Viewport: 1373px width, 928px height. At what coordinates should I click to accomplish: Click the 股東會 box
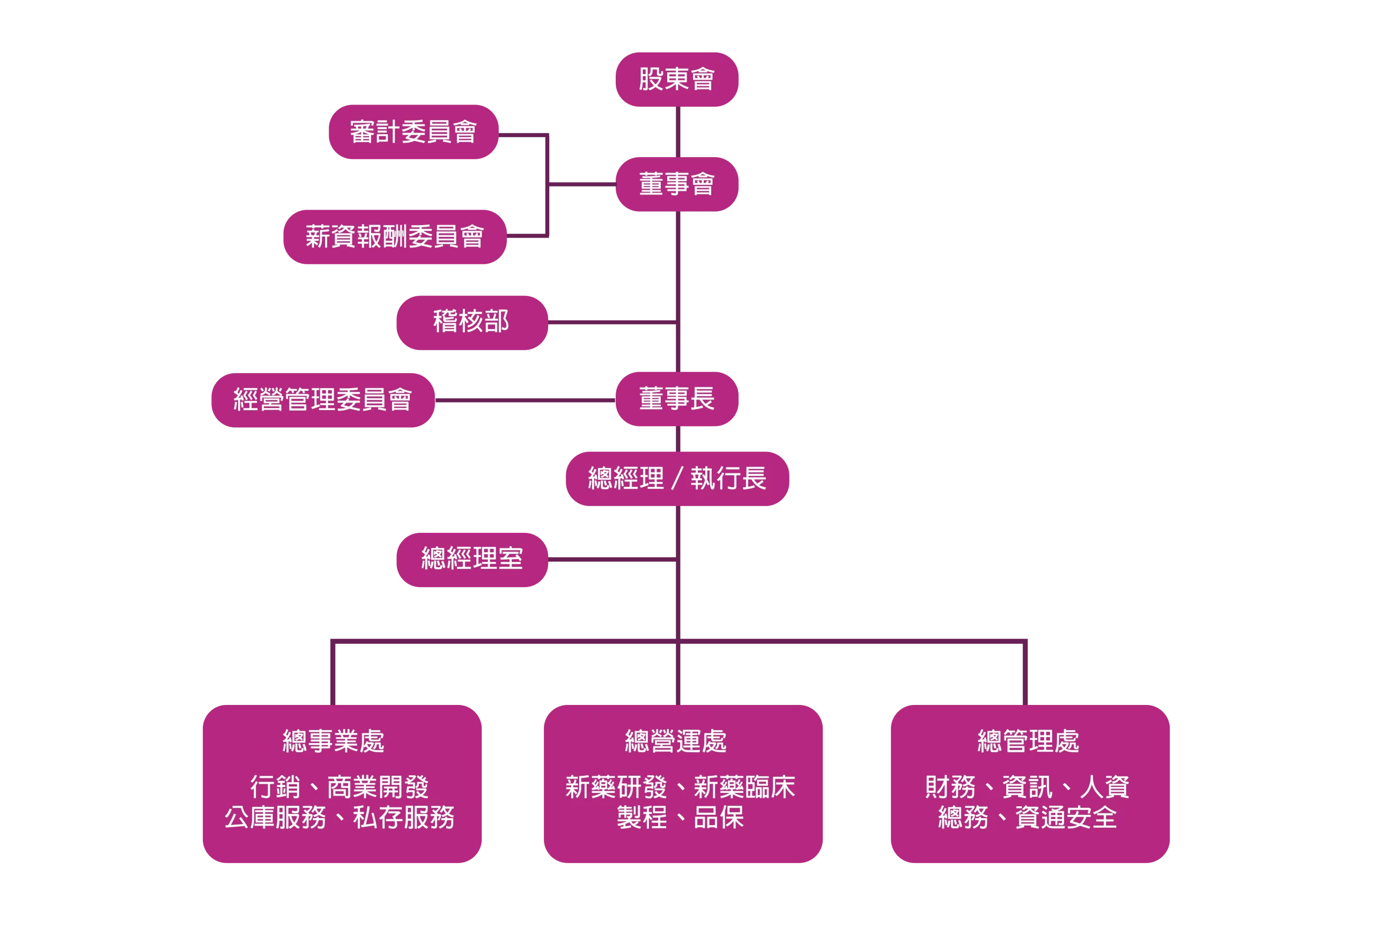pos(677,79)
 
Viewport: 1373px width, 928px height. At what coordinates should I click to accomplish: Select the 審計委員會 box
pos(413,132)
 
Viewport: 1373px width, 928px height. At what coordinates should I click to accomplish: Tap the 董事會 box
pos(677,184)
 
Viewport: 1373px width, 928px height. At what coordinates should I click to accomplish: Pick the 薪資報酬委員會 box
pos(395,236)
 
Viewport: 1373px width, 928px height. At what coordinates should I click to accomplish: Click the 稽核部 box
pos(471,322)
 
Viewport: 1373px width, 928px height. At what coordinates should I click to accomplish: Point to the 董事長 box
pos(677,399)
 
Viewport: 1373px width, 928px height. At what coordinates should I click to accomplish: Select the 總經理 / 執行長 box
pos(677,478)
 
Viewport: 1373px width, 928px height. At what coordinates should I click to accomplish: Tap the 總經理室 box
pos(471,559)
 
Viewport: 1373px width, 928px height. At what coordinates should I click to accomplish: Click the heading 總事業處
pos(334,741)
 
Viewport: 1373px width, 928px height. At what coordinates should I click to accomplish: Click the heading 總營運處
pos(676,741)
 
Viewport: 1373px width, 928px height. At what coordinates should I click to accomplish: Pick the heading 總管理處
pos(1029,741)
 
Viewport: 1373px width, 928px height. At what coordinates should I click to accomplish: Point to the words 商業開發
pos(378,788)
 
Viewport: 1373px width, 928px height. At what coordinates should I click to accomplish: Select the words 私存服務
pos(404,818)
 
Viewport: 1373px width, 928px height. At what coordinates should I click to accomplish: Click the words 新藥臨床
pos(744,788)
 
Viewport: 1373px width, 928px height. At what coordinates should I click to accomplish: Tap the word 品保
pos(719,818)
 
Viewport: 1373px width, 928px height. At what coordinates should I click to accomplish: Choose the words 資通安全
pos(1066,818)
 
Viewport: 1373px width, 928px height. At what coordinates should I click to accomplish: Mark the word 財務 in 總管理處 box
pos(950,788)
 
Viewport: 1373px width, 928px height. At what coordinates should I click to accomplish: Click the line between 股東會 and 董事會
pos(677,131)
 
